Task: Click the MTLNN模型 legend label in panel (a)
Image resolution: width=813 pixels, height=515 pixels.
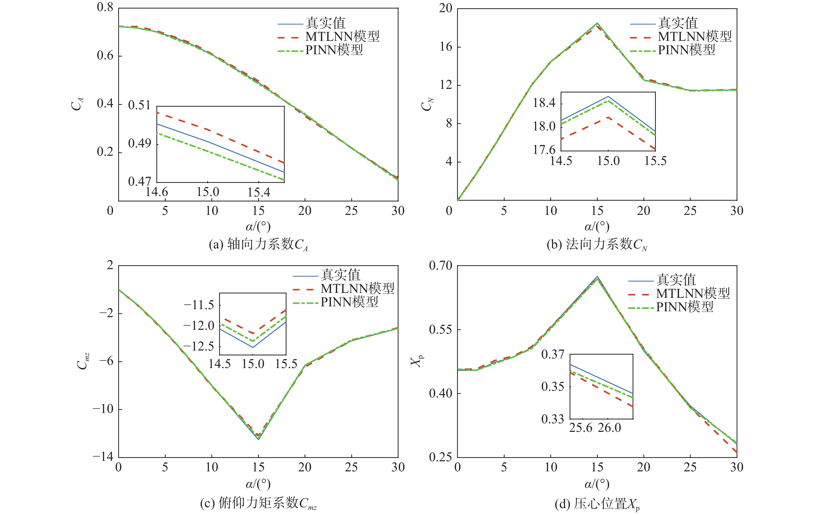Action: tap(342, 36)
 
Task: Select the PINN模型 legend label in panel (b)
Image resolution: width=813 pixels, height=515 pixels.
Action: tap(686, 50)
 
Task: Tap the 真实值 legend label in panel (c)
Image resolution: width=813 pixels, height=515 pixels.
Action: tap(340, 275)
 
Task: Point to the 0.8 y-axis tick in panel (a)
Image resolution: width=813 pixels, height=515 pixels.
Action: tap(105, 7)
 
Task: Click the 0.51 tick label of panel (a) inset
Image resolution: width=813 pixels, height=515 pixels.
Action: tap(139, 105)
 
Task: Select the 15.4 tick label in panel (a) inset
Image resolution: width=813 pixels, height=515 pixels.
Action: tap(259, 192)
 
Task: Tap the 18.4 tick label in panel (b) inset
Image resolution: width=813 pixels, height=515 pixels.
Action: tap(544, 103)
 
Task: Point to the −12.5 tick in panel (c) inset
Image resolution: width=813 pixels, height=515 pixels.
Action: tap(198, 346)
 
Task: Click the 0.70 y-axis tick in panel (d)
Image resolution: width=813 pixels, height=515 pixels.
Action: tap(440, 266)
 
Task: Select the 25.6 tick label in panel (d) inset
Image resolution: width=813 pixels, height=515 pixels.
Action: tap(581, 428)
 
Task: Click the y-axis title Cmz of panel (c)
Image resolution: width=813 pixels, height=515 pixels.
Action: tap(83, 361)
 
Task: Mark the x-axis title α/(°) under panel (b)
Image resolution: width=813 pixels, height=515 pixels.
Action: tap(597, 227)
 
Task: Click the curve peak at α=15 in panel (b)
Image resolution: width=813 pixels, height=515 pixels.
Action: tap(597, 23)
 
